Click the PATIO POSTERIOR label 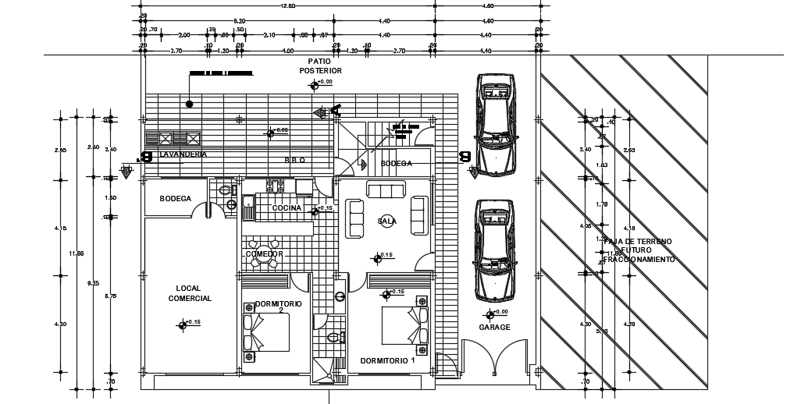320,66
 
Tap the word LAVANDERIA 183,155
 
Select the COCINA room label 287,208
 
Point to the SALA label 386,221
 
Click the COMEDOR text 264,254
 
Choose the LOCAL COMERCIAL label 190,293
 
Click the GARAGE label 494,328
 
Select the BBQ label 294,160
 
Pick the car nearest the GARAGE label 494,250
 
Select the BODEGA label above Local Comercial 175,199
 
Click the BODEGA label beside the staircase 396,164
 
